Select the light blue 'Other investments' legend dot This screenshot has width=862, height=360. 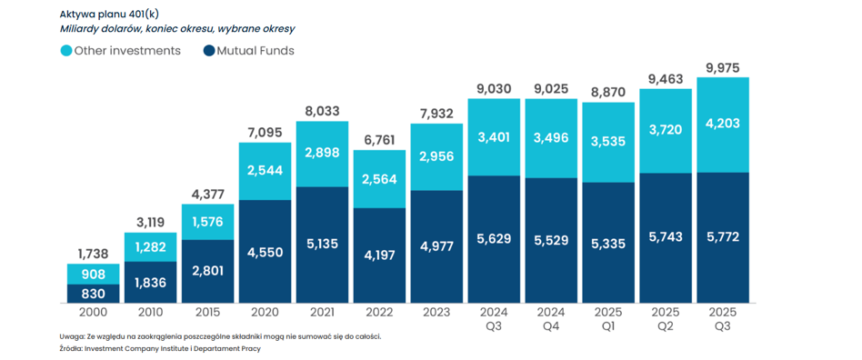[66, 51]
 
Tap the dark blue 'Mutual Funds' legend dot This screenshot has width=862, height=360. [209, 51]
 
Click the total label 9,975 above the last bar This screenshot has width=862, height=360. [722, 68]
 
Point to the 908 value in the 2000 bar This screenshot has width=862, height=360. [94, 274]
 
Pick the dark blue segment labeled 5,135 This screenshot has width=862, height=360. [322, 245]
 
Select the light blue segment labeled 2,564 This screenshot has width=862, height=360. [379, 179]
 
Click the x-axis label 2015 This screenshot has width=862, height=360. [208, 312]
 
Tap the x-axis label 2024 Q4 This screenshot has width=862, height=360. [551, 319]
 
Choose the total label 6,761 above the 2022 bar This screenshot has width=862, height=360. [379, 140]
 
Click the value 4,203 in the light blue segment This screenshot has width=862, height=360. [722, 123]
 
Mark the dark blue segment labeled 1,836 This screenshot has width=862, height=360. [151, 283]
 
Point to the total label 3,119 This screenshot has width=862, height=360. [151, 223]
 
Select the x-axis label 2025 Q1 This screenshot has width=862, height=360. [608, 319]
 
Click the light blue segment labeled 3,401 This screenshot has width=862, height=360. [494, 137]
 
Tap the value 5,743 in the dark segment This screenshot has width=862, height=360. [666, 237]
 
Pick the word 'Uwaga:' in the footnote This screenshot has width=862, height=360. [69, 336]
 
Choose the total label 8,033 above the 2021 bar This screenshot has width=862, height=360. [322, 112]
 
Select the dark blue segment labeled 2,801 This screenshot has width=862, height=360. [208, 272]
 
